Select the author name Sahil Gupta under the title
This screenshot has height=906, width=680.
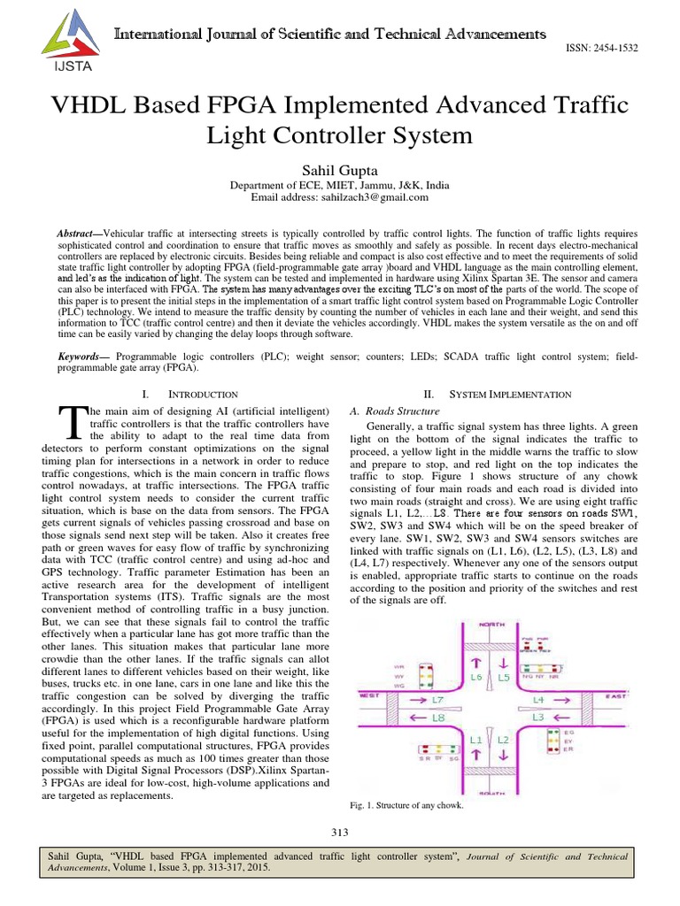tap(339, 169)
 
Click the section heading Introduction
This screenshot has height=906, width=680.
tap(205, 393)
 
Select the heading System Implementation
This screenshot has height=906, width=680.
tap(510, 393)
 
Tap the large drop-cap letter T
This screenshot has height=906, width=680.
tap(72, 424)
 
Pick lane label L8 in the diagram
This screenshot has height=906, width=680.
tap(438, 718)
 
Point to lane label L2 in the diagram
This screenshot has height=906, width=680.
tap(501, 738)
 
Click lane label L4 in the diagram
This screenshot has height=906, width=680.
tap(539, 700)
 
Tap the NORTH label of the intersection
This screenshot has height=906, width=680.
tap(491, 624)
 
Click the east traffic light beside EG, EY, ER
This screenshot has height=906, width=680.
tap(552, 743)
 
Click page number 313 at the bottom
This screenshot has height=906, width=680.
tap(340, 832)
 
